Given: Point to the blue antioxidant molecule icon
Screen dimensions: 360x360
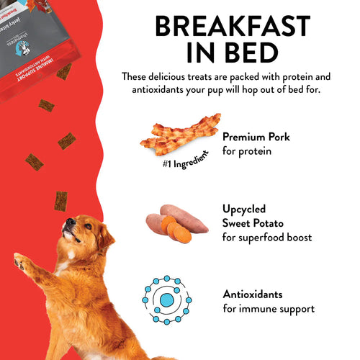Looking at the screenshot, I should (166, 299).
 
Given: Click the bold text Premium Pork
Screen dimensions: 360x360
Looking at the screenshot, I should (256, 136).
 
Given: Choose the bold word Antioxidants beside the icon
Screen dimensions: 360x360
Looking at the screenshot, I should (253, 295).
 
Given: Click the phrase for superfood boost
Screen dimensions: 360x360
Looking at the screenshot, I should (266, 237).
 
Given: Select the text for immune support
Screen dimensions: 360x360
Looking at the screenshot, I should (269, 309).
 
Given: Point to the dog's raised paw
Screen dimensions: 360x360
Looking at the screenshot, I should (22, 263).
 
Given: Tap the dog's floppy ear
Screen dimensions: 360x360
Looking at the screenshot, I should (104, 238).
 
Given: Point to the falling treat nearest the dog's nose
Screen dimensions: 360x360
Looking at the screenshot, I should (60, 200).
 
